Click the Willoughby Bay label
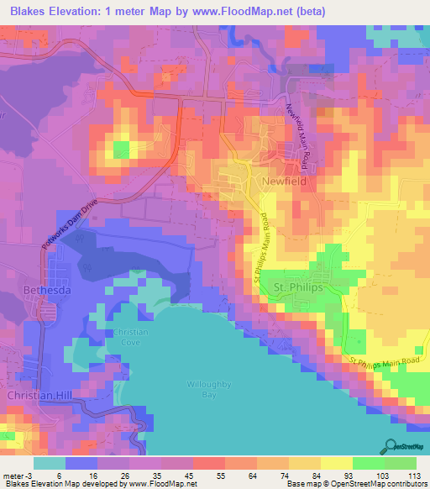206,391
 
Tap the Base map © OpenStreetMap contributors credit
356,484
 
